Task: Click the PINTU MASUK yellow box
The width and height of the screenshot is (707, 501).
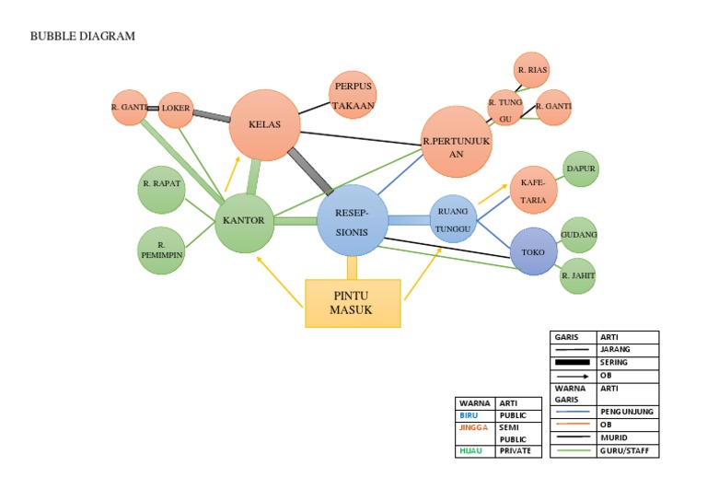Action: (x=353, y=303)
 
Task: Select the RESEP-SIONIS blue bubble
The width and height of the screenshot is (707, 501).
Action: (x=351, y=220)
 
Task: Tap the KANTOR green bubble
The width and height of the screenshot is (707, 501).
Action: (x=245, y=221)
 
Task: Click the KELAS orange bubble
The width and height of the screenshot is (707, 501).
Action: (x=264, y=124)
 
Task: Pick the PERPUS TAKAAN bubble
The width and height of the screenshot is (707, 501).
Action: (x=353, y=96)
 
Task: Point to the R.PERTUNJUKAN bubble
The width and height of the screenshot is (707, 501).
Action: (x=457, y=142)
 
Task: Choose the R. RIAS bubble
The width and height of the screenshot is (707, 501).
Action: (x=533, y=71)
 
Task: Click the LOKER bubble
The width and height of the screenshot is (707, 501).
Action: (x=175, y=108)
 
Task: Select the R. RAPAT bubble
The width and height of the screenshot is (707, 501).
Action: (x=162, y=184)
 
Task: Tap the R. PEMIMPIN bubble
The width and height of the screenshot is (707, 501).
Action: (x=162, y=250)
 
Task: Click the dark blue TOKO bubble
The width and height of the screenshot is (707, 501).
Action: (x=534, y=251)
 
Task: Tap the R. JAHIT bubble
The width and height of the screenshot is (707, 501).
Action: (x=578, y=275)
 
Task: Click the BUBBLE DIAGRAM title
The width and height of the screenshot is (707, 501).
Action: (x=83, y=37)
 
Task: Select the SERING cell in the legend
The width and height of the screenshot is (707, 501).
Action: (x=627, y=362)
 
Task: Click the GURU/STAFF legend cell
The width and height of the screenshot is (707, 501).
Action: (x=627, y=449)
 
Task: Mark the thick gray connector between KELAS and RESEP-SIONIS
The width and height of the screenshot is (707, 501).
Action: (x=310, y=170)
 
